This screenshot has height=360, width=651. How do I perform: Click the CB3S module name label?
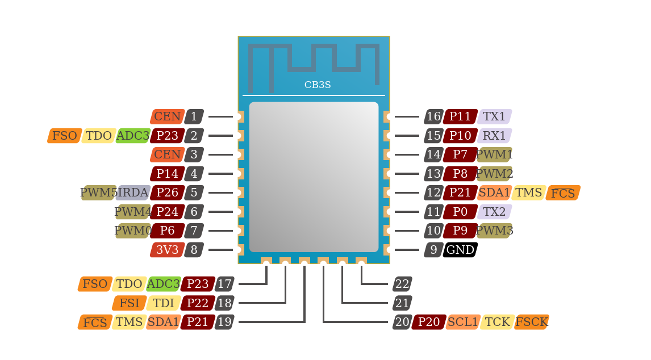318,85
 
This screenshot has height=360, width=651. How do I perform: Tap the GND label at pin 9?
460,250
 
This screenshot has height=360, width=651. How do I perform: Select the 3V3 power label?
168,250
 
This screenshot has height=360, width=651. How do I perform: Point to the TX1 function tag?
494,116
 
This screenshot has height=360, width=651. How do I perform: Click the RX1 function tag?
494,136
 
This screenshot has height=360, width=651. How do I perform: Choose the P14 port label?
168,174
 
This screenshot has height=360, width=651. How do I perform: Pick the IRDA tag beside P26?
133,192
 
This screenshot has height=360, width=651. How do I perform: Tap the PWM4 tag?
133,212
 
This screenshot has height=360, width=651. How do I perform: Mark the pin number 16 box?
433,116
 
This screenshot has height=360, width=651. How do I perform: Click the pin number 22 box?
402,284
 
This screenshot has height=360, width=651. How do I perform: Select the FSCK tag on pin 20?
532,322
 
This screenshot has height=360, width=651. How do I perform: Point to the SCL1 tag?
463,322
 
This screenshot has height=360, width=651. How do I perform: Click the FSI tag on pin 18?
130,303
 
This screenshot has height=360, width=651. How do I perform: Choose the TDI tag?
164,303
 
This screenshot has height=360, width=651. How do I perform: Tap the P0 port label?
460,212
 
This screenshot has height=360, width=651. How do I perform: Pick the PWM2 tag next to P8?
494,174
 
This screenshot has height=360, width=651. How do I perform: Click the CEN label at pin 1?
168,116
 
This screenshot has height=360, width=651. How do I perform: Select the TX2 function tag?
494,212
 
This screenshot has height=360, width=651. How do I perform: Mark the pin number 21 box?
402,303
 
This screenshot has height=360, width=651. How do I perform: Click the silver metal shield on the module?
314,177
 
